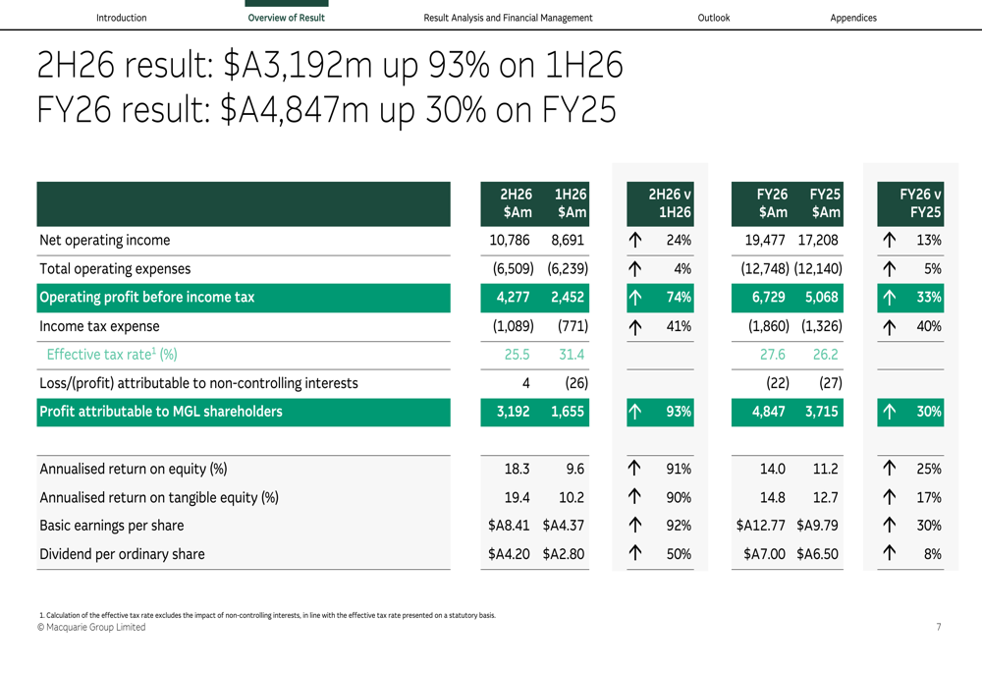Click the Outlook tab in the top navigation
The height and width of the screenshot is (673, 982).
[713, 18]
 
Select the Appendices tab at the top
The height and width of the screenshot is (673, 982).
[853, 18]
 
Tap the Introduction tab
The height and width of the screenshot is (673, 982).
[122, 18]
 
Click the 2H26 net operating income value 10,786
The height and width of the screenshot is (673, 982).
[509, 240]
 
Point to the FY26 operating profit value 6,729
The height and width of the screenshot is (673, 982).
[769, 297]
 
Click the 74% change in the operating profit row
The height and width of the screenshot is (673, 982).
[679, 297]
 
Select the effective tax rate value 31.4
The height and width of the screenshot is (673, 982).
[572, 355]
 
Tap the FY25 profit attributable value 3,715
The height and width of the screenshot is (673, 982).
[821, 412]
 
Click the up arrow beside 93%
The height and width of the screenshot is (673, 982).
[635, 412]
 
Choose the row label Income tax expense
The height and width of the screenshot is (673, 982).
[99, 326]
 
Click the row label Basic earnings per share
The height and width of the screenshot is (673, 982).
[112, 525]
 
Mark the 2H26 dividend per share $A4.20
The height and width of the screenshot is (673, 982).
[509, 554]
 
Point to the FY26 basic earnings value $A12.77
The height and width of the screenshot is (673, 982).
[760, 525]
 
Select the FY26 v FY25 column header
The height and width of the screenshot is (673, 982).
[920, 203]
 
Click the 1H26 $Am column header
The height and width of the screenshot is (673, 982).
[571, 203]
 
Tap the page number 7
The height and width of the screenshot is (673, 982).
[938, 627]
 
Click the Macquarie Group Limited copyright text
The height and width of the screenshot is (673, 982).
[91, 627]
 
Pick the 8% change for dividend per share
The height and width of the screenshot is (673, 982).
[932, 554]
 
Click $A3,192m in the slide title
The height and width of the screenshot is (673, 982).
[298, 65]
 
